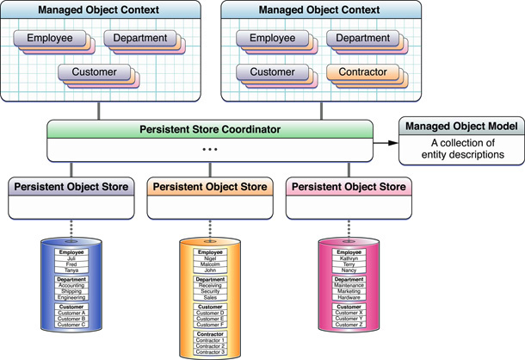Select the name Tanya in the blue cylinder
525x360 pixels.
[x=71, y=270]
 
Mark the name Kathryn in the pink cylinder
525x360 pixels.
[x=348, y=258]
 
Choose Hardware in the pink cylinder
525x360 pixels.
[x=348, y=297]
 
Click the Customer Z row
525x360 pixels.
[x=348, y=325]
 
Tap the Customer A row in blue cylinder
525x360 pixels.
[x=71, y=313]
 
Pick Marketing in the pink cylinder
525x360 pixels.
[x=348, y=291]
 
